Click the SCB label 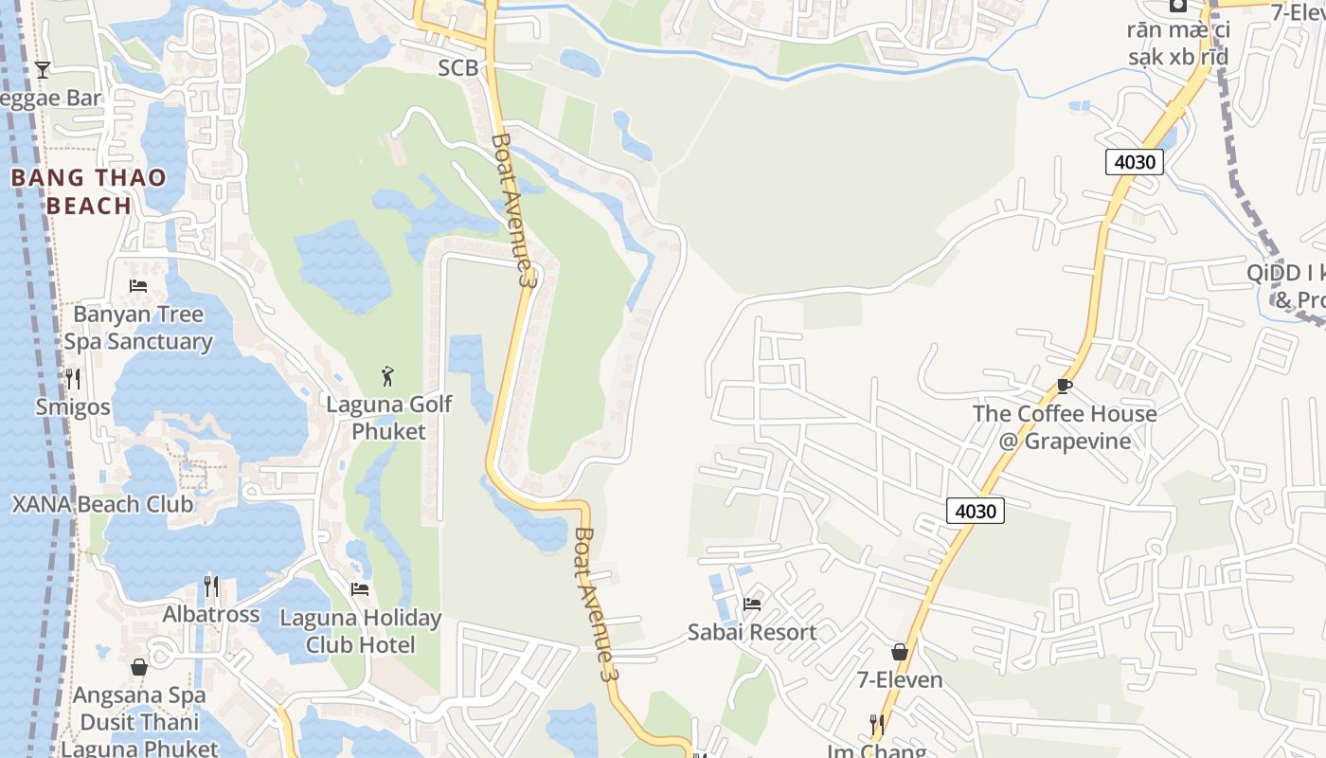click(x=457, y=68)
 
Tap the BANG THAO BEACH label click(x=88, y=191)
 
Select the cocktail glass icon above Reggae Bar click(x=43, y=69)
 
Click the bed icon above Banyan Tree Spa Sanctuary click(x=138, y=285)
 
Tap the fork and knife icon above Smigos click(x=73, y=379)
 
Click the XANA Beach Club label click(x=102, y=504)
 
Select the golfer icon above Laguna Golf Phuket click(x=387, y=376)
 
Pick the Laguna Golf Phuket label click(x=388, y=418)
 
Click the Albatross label click(x=210, y=614)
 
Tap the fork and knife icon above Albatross click(x=211, y=587)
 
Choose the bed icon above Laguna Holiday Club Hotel click(x=360, y=588)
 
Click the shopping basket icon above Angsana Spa click(x=139, y=667)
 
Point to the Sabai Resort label click(x=752, y=632)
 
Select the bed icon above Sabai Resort click(x=752, y=604)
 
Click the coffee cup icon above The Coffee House click(x=1065, y=386)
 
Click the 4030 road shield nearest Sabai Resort click(x=975, y=511)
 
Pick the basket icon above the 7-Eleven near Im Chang click(x=900, y=652)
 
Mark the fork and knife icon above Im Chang click(x=877, y=725)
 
